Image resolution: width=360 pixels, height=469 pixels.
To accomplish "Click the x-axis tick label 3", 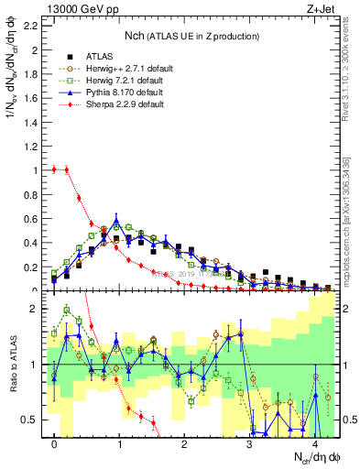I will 249,443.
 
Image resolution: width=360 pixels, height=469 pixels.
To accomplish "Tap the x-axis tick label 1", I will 119,443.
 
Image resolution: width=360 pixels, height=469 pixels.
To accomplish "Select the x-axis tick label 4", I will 314,443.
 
